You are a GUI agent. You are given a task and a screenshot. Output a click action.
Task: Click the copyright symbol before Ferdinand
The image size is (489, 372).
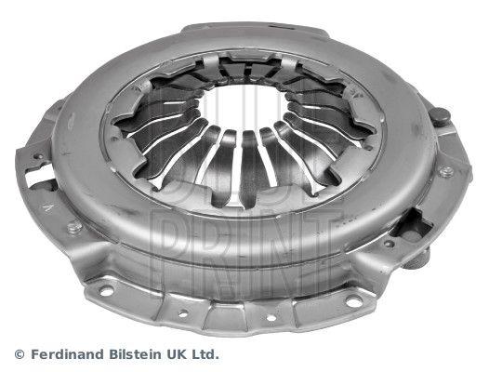[x=20, y=354]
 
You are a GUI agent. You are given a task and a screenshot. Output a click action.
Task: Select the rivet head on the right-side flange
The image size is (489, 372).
[x=445, y=171]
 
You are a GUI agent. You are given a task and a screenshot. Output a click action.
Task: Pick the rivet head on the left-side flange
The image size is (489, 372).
[x=74, y=227]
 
